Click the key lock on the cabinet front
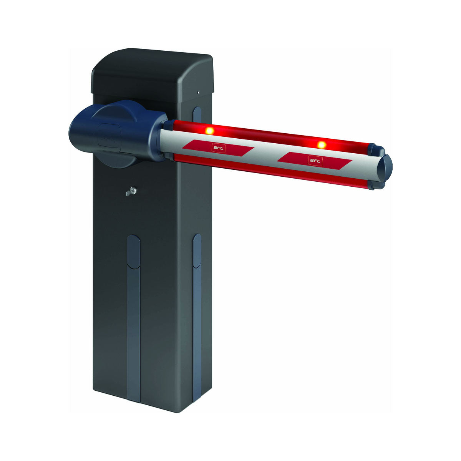[132, 191]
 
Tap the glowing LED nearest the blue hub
[210, 131]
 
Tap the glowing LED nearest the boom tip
[322, 145]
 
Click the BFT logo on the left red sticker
[219, 148]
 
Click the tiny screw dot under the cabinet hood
[198, 92]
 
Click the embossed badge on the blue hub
[109, 136]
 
